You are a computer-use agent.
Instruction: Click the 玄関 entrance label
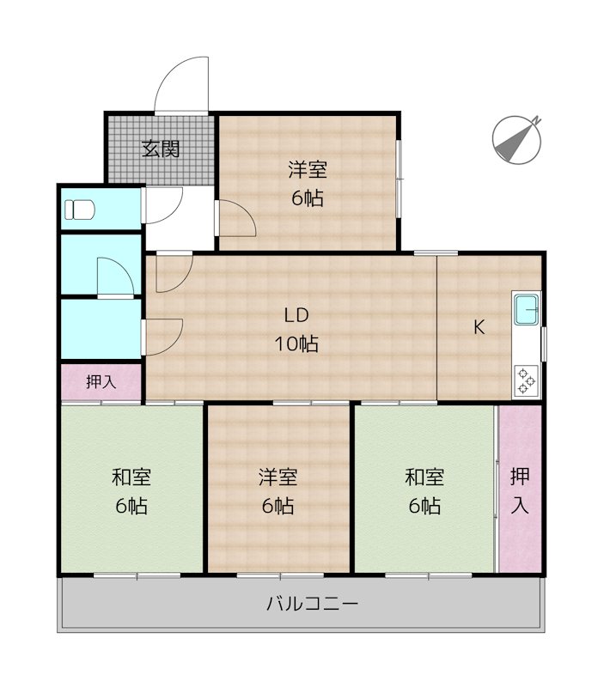(x=160, y=149)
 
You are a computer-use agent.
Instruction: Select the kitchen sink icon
(x=526, y=307)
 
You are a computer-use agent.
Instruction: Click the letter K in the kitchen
(x=479, y=326)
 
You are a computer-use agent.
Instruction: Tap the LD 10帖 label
(x=296, y=330)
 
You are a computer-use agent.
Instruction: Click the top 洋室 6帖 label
(x=307, y=183)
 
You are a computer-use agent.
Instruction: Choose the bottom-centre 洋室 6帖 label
(x=278, y=490)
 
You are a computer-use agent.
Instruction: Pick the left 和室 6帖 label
(x=131, y=490)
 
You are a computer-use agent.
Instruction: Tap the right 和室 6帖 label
(x=424, y=490)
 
